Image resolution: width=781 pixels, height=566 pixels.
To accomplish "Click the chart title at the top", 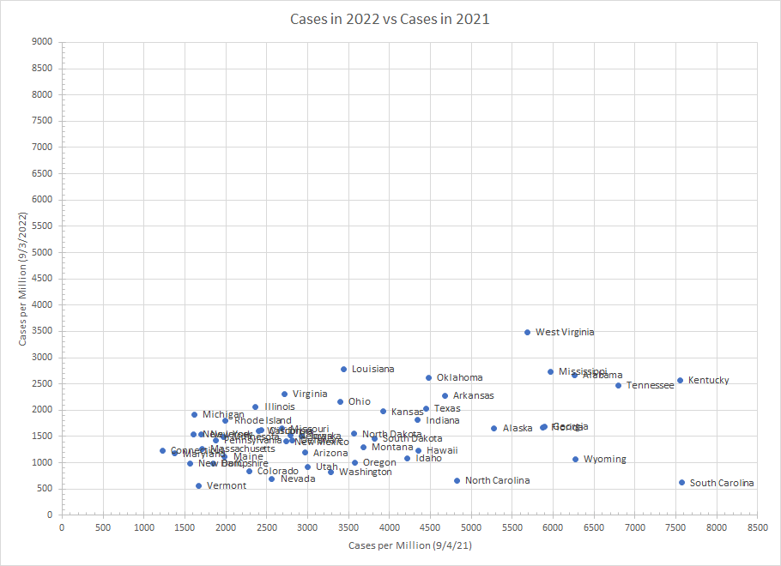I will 390,18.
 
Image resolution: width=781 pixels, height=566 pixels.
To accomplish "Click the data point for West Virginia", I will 528,332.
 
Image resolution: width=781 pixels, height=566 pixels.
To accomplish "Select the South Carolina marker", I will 682,483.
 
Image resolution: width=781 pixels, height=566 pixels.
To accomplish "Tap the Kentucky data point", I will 681,380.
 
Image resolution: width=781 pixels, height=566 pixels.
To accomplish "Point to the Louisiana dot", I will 344,369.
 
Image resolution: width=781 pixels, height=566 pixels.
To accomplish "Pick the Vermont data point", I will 199,485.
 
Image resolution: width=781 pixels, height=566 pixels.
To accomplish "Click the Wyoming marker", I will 576,459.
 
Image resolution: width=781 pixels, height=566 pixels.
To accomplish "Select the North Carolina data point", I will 457,480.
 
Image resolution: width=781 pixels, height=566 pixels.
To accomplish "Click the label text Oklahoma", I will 459,377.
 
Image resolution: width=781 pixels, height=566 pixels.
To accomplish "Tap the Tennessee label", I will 650,385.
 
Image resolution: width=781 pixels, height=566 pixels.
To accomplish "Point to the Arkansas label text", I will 474,395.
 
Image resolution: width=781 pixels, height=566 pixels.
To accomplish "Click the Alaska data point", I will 494,428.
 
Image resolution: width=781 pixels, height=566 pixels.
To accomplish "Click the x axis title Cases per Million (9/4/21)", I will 409,545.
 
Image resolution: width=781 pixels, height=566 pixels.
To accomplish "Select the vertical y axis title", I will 24,278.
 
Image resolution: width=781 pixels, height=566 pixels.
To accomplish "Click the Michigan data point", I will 195,414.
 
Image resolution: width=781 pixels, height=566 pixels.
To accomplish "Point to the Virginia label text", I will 310,394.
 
